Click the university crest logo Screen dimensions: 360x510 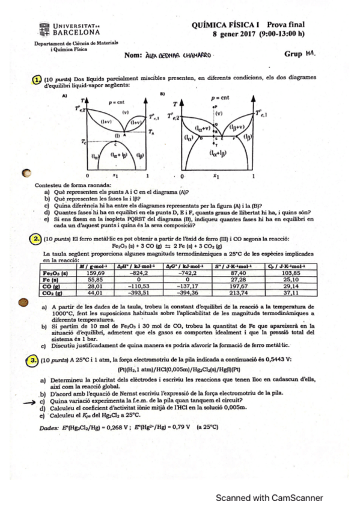43,29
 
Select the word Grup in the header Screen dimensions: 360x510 293,54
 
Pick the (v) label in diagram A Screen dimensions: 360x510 124,111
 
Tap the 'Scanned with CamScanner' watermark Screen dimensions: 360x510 269,497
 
